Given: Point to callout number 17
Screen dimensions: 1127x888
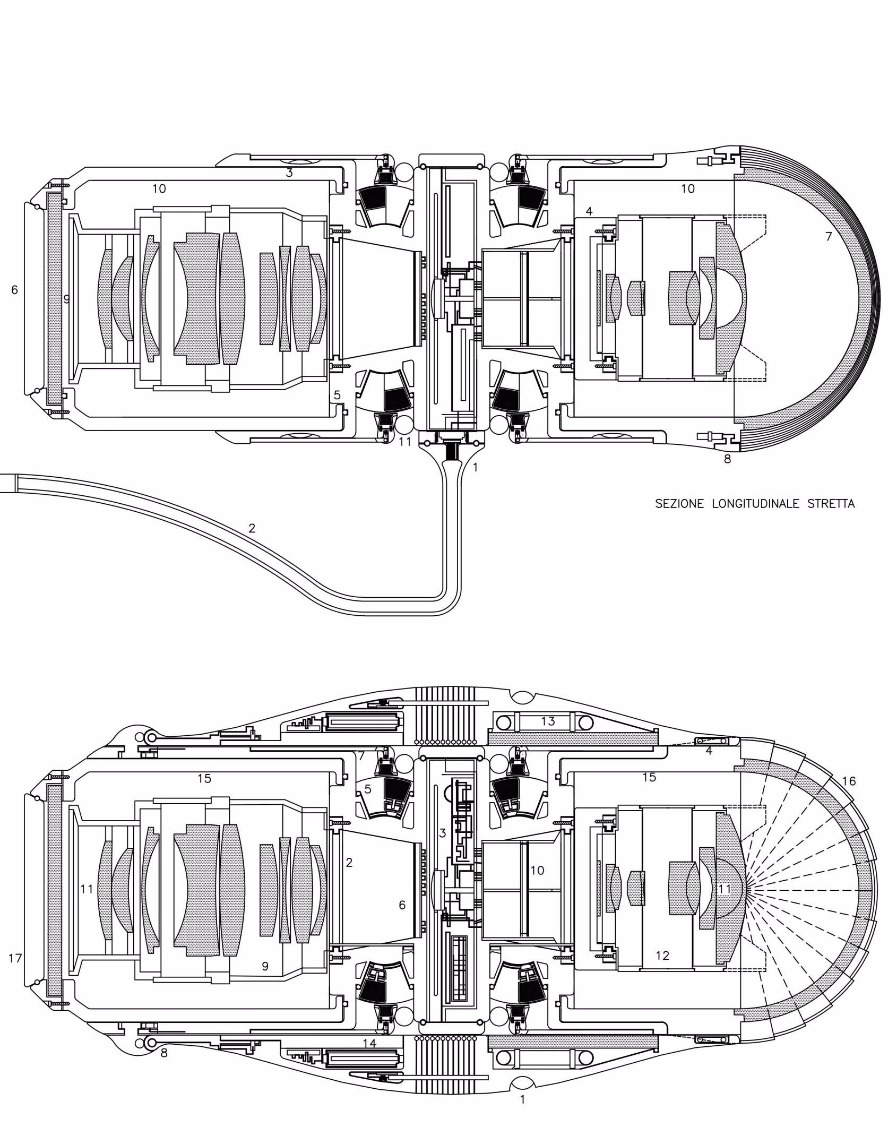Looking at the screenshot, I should [x=15, y=958].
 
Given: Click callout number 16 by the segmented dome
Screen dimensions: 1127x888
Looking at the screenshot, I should [x=849, y=780].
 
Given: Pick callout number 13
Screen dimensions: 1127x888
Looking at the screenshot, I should [x=548, y=721].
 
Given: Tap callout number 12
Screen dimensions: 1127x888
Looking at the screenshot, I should [x=662, y=956].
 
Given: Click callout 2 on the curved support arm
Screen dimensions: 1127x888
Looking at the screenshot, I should [x=252, y=528].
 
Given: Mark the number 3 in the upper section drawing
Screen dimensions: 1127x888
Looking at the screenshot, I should [x=289, y=173].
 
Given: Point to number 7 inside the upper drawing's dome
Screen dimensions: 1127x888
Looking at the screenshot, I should [x=829, y=236].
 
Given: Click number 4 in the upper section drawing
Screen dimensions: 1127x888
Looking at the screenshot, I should [x=589, y=211].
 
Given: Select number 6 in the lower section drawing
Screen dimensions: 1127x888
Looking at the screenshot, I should [x=402, y=905].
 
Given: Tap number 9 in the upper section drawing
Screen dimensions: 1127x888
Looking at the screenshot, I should [x=67, y=299].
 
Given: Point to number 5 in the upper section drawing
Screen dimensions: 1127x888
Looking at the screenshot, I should [x=337, y=395].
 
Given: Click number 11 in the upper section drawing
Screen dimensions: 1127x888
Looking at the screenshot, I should [x=405, y=441].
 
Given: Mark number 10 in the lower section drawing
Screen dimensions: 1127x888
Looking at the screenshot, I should [x=537, y=870].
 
